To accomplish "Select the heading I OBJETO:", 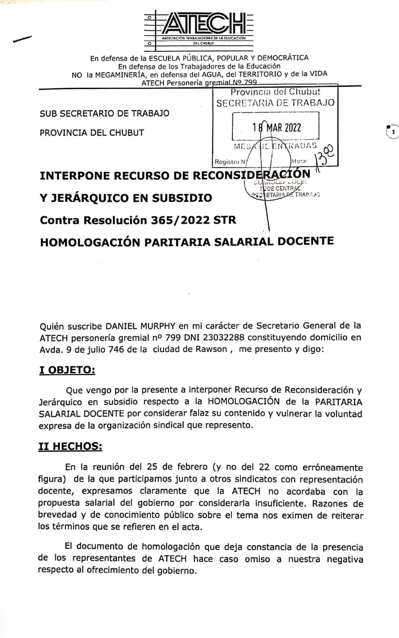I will click(66, 370).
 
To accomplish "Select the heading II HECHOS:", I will click(70, 447).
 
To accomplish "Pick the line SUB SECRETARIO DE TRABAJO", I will click(104, 113).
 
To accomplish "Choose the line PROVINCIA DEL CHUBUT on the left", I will click(92, 133).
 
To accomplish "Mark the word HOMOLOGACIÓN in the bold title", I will click(95, 242).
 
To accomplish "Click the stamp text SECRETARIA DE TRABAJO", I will click(275, 103).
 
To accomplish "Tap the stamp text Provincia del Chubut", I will click(275, 92).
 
